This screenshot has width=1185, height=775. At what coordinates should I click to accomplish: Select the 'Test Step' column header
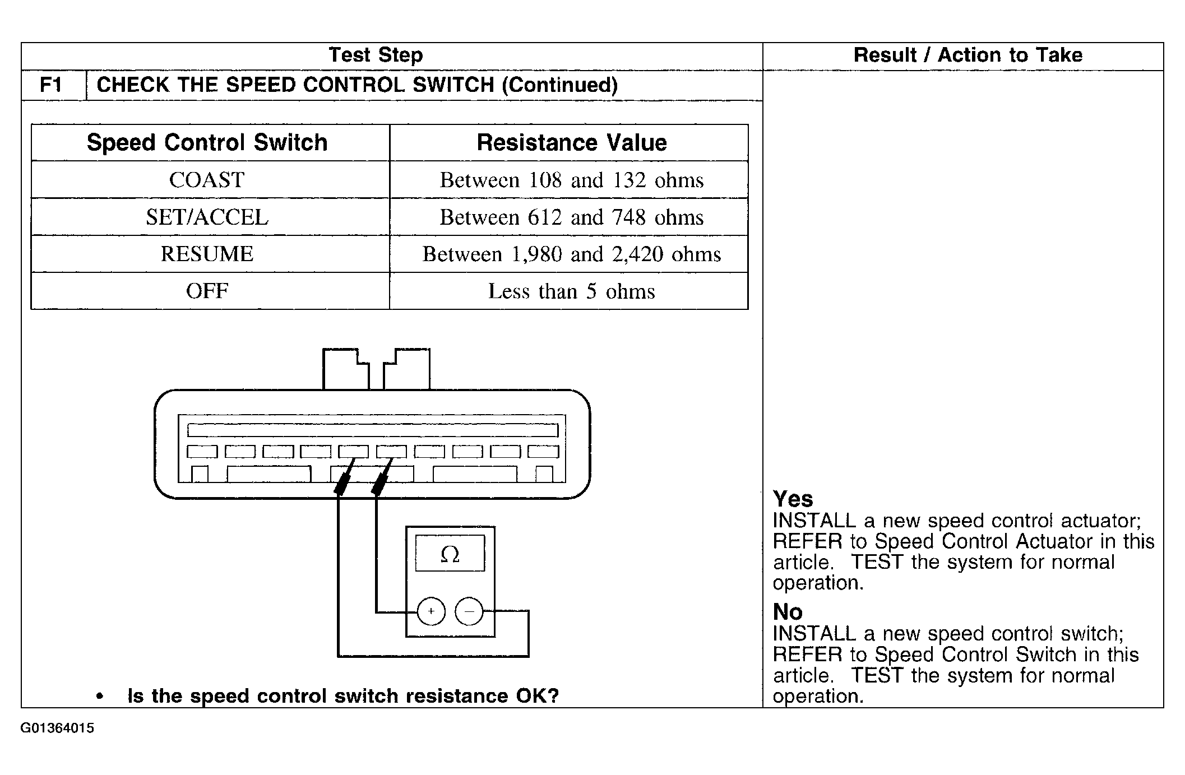point(376,55)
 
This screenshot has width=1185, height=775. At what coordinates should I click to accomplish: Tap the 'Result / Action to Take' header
point(968,55)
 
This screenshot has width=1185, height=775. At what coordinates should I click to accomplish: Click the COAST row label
point(207,180)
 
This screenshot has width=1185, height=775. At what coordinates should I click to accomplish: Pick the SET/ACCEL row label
point(207,217)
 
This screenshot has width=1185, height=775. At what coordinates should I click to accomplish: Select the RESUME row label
point(207,254)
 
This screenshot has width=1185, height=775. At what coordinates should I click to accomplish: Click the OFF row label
point(207,291)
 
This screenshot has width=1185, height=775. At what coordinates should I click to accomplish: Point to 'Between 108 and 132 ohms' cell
point(572,180)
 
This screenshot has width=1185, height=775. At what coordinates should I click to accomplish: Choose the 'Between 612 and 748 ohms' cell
point(572,217)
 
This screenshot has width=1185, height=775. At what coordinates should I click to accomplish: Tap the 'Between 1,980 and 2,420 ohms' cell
point(572,254)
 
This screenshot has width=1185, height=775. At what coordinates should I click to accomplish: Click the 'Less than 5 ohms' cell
point(572,291)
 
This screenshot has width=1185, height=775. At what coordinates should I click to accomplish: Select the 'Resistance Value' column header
point(572,142)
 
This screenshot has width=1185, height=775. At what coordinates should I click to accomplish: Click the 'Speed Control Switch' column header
point(207,142)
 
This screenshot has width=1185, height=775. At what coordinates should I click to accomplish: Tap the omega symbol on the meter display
point(450,555)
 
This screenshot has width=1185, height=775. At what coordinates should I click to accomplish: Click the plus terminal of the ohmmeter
point(431,611)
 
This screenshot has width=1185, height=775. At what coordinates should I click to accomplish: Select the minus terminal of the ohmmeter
point(469,611)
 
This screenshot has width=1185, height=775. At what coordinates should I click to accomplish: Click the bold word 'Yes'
point(793,499)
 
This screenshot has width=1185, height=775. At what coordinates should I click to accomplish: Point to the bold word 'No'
point(788,611)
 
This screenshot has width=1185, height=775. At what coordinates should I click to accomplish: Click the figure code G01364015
point(57,728)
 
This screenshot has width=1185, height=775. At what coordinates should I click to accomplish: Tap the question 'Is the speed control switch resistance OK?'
point(343,696)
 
